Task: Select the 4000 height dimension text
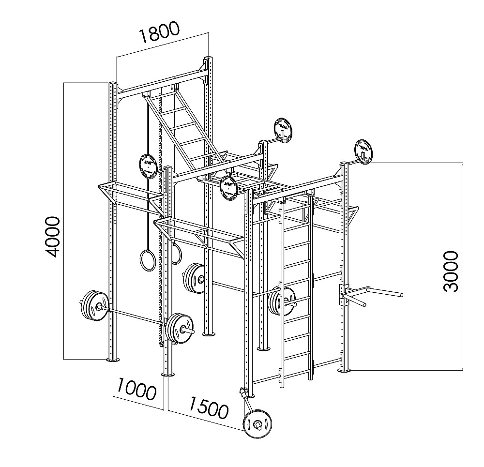[50, 237]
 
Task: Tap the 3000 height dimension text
[451, 271]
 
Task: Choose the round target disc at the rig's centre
[229, 187]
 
